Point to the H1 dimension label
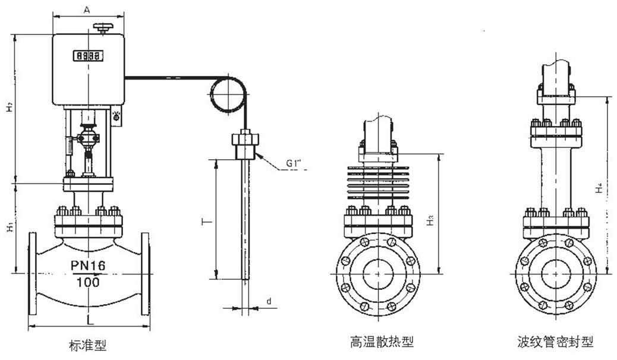(9, 228)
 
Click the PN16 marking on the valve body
(88, 266)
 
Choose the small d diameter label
(269, 302)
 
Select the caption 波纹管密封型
(555, 342)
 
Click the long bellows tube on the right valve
(556, 178)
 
